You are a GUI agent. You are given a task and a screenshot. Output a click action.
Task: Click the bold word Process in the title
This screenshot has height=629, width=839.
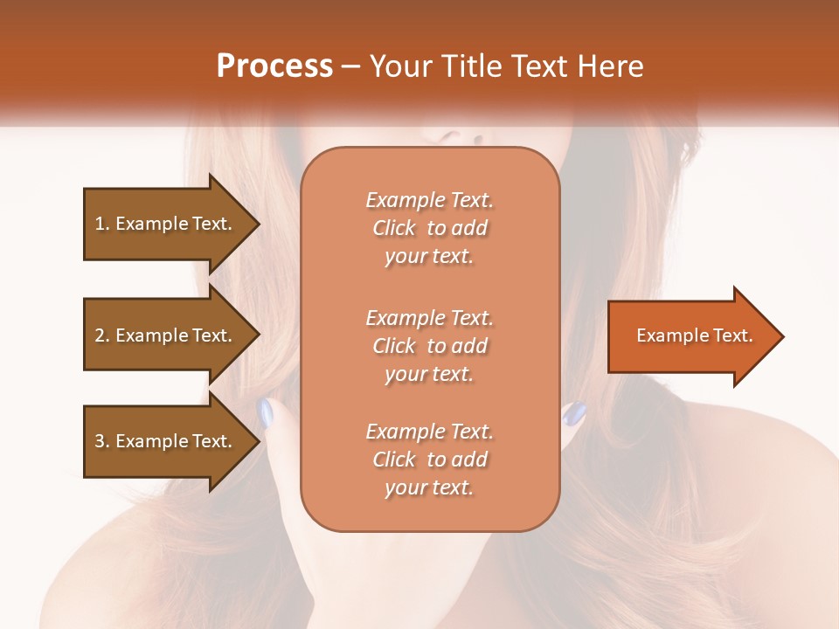tap(274, 66)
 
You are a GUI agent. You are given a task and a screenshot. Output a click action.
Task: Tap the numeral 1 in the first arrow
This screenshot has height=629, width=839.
tap(100, 224)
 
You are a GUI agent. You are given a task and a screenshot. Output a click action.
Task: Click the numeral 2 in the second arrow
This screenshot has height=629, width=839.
tap(100, 335)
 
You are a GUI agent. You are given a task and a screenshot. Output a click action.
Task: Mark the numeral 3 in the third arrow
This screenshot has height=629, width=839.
tap(100, 441)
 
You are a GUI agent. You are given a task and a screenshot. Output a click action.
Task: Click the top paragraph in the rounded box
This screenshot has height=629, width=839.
tap(429, 228)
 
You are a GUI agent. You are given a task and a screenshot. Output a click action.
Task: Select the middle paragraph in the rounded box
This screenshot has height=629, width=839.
tap(429, 346)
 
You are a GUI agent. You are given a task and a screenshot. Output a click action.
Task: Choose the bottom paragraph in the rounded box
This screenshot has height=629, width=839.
tap(429, 460)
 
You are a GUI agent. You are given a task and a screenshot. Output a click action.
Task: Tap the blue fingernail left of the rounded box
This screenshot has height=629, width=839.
tap(267, 411)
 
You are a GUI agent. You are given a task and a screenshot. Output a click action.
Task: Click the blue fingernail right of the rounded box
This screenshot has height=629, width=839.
tap(573, 412)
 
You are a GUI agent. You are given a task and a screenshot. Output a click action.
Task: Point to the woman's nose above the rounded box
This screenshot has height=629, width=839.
tap(454, 136)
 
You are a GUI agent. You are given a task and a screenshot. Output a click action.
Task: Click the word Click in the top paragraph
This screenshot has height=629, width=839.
tap(394, 228)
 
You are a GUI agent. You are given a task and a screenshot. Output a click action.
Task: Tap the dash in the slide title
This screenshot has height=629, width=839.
tap(351, 67)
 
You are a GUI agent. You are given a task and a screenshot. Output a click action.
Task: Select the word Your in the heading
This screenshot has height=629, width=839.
tap(401, 66)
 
